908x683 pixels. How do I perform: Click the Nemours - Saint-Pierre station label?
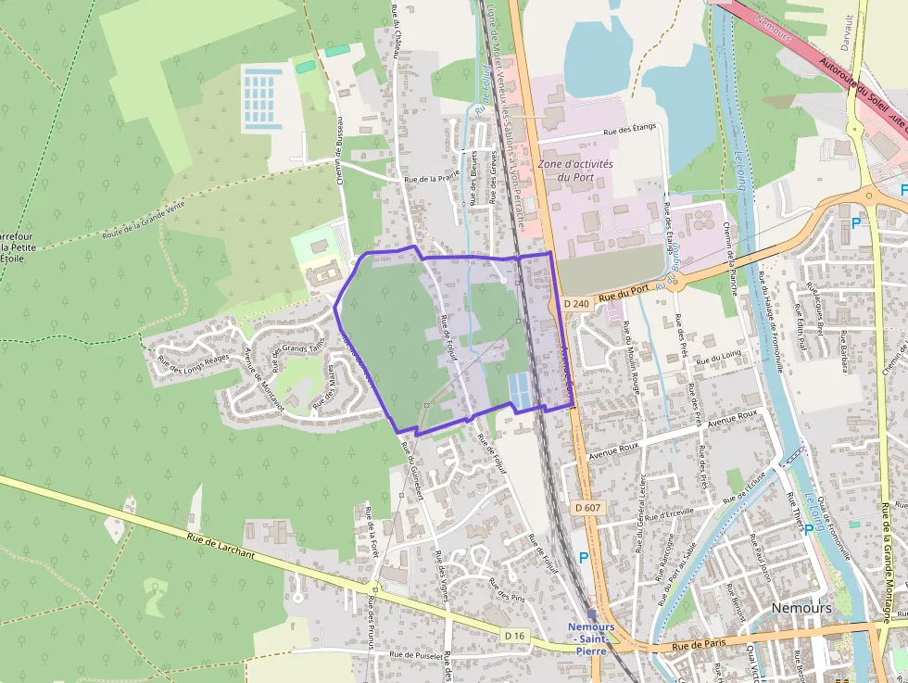pyautogui.click(x=591, y=639)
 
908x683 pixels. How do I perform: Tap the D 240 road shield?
pyautogui.click(x=575, y=303)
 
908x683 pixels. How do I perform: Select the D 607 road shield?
pyautogui.click(x=587, y=507)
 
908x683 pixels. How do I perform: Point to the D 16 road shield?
pyautogui.click(x=516, y=635)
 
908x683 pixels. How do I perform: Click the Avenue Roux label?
pyautogui.click(x=732, y=418)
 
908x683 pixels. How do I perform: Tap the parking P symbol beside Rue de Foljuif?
pyautogui.click(x=583, y=558)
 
